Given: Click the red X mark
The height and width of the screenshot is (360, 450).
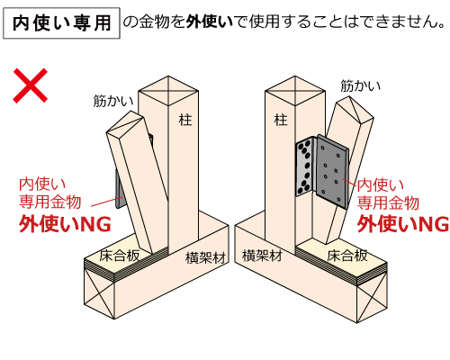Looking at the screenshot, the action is [x=31, y=85].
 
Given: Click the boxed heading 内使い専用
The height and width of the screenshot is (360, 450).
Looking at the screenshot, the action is [x=61, y=23].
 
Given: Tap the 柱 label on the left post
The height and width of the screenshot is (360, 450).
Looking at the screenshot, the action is [x=185, y=120].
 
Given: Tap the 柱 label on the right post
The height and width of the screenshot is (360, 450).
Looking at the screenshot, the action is [x=281, y=120].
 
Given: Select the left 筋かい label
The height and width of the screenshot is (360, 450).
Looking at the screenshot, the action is [x=113, y=101].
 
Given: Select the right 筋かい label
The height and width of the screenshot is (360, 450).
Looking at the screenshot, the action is [x=360, y=85].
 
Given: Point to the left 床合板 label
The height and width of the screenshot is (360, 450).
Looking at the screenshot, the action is [x=120, y=256].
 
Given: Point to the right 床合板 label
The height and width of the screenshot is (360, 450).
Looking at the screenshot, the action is [x=347, y=256].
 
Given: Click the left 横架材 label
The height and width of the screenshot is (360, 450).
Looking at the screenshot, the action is [x=205, y=257].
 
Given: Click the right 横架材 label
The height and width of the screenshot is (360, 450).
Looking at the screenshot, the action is [x=262, y=256].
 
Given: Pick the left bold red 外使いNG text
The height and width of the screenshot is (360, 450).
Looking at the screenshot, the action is [x=65, y=224].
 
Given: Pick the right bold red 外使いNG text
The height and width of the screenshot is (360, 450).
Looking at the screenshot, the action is [x=403, y=224].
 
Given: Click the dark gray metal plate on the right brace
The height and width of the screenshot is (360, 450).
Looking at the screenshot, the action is [x=332, y=171].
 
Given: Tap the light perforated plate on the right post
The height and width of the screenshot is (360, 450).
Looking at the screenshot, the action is [x=304, y=166].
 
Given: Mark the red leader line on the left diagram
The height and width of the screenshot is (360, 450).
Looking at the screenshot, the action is [x=106, y=202].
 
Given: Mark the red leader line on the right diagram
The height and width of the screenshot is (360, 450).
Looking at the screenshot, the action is [x=350, y=183].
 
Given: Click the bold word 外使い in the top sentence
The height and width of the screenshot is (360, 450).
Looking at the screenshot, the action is [x=209, y=22].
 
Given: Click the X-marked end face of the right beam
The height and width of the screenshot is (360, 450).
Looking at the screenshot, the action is [x=372, y=298].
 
